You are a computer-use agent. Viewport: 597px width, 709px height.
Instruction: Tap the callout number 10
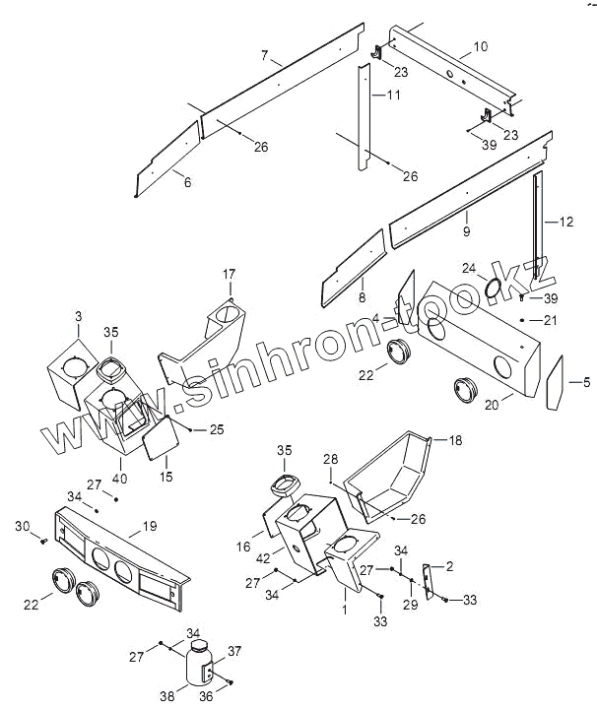point(480,46)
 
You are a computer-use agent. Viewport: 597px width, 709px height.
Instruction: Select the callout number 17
point(229,273)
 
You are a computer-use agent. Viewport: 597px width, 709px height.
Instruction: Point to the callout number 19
point(150,527)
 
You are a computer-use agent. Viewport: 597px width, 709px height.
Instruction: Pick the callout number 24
point(468,268)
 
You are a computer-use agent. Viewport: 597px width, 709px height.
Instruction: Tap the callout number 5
point(587,381)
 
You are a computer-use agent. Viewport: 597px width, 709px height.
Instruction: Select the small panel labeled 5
point(554,382)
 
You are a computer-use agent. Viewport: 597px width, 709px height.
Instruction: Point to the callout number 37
point(234,651)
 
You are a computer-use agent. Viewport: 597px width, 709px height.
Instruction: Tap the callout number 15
point(166,477)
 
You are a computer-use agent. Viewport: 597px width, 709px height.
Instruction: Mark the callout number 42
point(264,557)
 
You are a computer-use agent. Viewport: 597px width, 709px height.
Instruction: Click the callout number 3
point(78,316)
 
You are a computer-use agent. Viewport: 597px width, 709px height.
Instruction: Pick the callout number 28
point(331,459)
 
